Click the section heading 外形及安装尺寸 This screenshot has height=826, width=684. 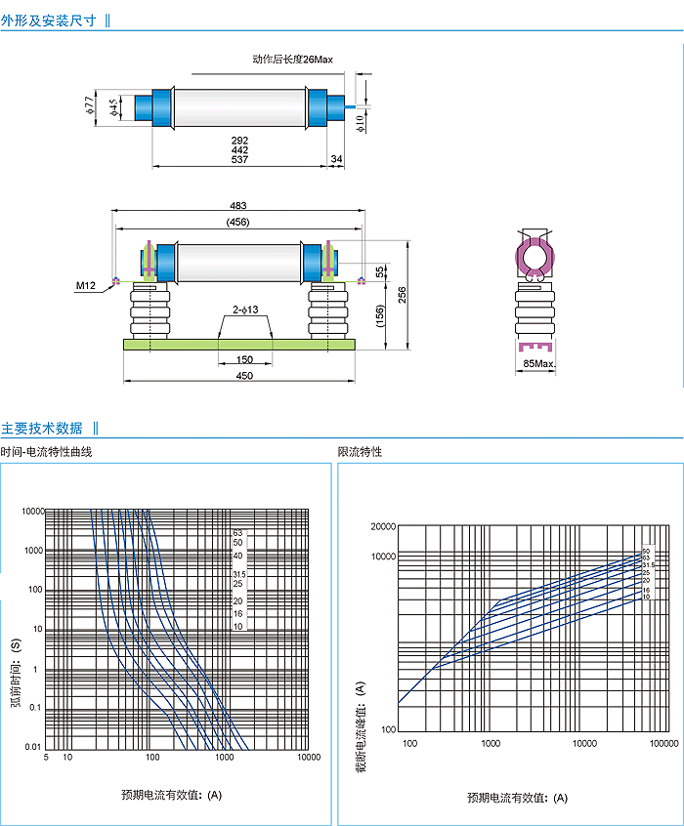(x=49, y=20)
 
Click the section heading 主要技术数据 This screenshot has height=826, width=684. (x=42, y=428)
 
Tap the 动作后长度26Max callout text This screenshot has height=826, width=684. (x=292, y=61)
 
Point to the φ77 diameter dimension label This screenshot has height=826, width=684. (x=89, y=104)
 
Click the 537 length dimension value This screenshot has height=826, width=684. (x=239, y=159)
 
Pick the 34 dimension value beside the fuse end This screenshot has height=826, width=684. (x=337, y=159)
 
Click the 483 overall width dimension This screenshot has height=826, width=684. (x=238, y=205)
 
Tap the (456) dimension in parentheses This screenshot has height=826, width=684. (x=238, y=222)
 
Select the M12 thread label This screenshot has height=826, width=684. (x=86, y=286)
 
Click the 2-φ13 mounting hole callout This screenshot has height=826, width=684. (x=244, y=310)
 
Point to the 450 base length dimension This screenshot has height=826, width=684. (x=244, y=376)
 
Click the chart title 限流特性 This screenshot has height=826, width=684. (x=360, y=452)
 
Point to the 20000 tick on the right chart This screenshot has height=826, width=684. (x=381, y=527)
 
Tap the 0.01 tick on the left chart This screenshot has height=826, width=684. (x=32, y=746)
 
